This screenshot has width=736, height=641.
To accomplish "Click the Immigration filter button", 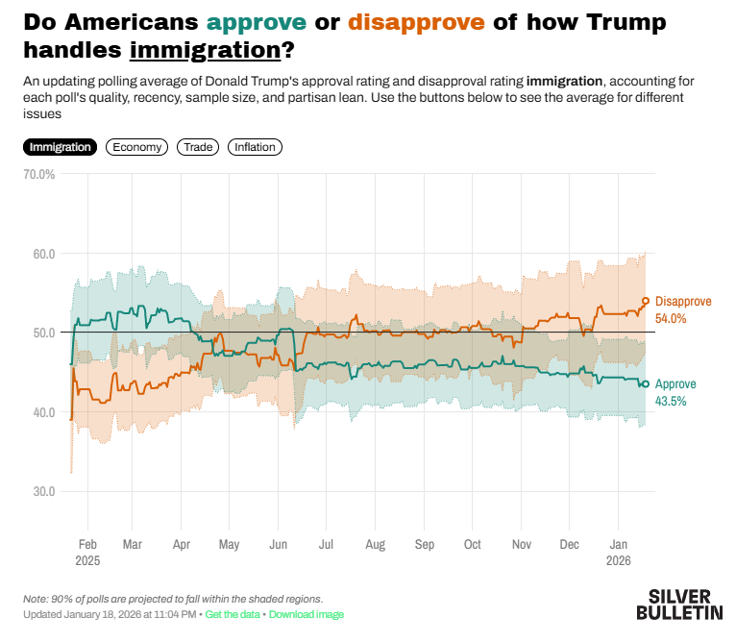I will tap(60, 147).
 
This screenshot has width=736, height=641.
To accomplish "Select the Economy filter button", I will tap(136, 147).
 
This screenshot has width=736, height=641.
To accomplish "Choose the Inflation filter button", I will tap(255, 147).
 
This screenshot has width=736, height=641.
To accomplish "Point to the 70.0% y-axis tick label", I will tap(38, 175).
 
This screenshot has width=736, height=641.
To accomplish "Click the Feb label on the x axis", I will tap(87, 543).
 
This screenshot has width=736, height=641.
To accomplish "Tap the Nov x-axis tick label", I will tap(521, 543).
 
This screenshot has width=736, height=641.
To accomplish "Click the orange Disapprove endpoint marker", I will tap(645, 301).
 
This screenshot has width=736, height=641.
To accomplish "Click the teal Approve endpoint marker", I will tap(645, 383).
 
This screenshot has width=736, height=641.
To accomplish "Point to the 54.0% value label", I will tap(671, 318).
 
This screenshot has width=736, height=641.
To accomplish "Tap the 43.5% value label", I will tap(671, 401).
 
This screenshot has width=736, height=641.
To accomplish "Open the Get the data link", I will tap(233, 614).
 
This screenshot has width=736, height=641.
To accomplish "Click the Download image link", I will tap(306, 614).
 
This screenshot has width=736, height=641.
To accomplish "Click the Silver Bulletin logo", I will tap(679, 604).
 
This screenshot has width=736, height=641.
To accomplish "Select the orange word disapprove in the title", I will tap(416, 22).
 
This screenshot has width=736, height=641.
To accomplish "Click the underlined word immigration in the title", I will tap(204, 49).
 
